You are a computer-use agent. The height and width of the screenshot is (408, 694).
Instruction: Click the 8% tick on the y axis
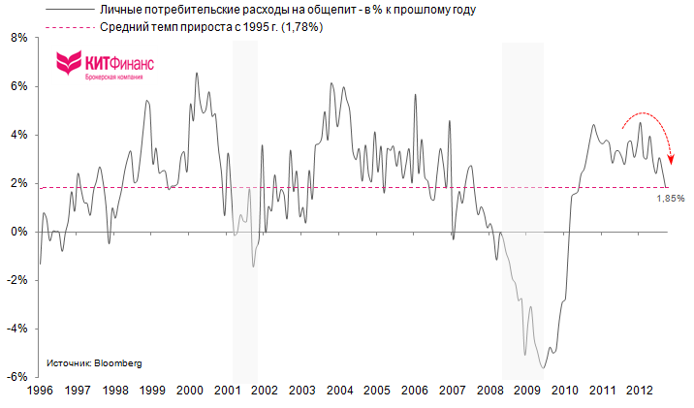pos(17,38)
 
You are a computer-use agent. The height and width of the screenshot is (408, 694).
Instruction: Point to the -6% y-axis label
pos(16,377)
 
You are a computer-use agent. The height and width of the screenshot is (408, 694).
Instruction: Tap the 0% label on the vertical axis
pos(17,232)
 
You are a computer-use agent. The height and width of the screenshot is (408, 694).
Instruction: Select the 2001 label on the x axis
pos(226,391)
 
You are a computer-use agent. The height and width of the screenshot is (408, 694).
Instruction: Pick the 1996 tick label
pos(39,391)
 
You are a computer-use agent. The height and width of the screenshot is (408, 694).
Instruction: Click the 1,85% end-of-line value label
pos(671,198)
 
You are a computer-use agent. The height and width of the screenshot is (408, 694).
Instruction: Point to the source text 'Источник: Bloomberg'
pos(93,363)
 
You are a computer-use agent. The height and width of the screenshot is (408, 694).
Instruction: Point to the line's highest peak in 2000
pos(197,73)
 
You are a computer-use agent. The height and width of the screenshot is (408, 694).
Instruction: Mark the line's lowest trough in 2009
pos(544,368)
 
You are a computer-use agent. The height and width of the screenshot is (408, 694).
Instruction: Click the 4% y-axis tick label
pos(17,135)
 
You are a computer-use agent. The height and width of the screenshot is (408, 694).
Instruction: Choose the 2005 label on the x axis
pos(376,391)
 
